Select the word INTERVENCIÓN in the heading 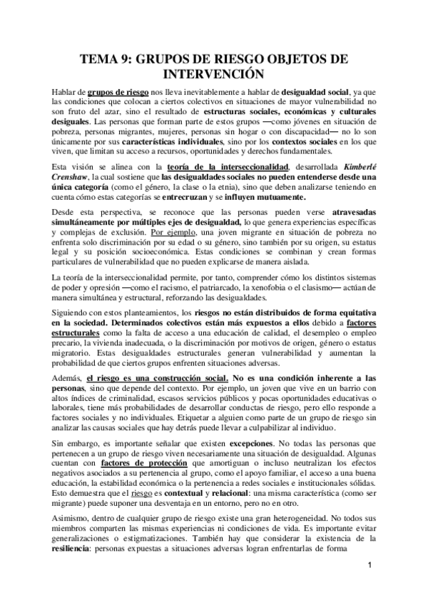214,73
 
